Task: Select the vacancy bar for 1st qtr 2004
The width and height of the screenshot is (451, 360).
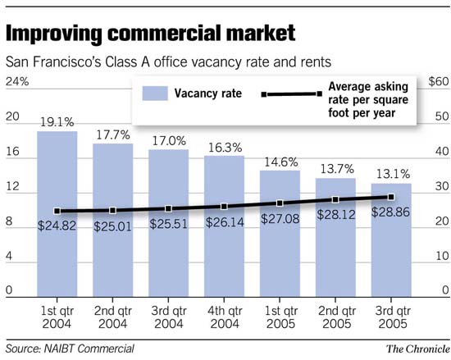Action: tap(57, 246)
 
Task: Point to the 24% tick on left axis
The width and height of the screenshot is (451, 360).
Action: tap(17, 82)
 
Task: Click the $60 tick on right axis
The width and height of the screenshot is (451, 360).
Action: tap(438, 82)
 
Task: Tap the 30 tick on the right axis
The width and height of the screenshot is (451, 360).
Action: tap(440, 188)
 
